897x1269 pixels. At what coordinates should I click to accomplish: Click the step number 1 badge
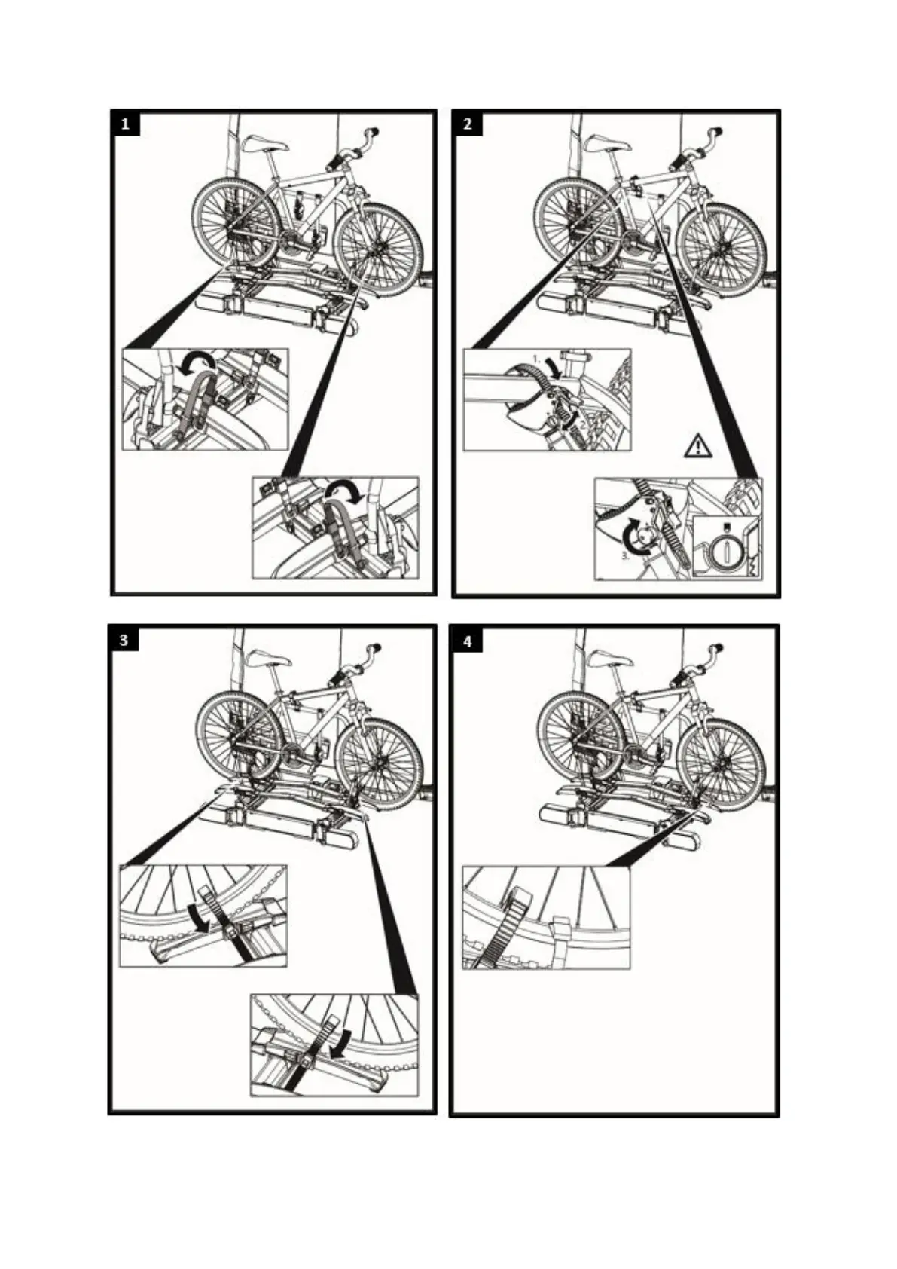click(x=125, y=123)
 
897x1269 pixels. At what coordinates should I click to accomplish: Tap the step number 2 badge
click(x=468, y=123)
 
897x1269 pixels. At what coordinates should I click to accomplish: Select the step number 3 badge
click(x=124, y=641)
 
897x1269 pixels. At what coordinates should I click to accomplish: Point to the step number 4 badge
click(x=468, y=641)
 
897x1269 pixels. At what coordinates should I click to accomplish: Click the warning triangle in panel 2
click(x=698, y=447)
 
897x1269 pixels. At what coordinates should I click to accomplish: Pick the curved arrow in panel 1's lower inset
click(x=348, y=491)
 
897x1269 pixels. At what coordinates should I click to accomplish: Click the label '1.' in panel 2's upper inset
click(x=536, y=356)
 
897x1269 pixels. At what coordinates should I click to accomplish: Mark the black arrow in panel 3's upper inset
click(x=197, y=918)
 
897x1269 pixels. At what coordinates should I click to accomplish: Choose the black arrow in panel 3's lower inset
click(x=343, y=1044)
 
